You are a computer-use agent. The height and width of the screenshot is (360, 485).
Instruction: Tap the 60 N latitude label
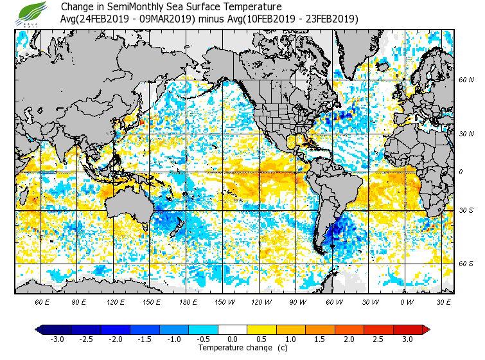466,80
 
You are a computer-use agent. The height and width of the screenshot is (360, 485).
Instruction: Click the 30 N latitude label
466,134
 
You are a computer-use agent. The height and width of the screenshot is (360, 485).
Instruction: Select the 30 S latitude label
466,210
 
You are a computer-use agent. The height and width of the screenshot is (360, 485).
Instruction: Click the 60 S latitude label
466,264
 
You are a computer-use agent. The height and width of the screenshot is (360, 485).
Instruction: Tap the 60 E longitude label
42,301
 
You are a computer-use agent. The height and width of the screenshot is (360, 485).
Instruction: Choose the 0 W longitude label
405,301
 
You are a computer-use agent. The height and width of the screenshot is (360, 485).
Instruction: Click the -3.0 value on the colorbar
57,339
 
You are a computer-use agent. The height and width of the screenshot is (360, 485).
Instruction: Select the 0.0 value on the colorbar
233,339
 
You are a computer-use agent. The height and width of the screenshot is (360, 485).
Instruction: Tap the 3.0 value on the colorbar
407,339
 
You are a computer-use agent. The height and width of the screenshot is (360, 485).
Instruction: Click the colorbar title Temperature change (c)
233,348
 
